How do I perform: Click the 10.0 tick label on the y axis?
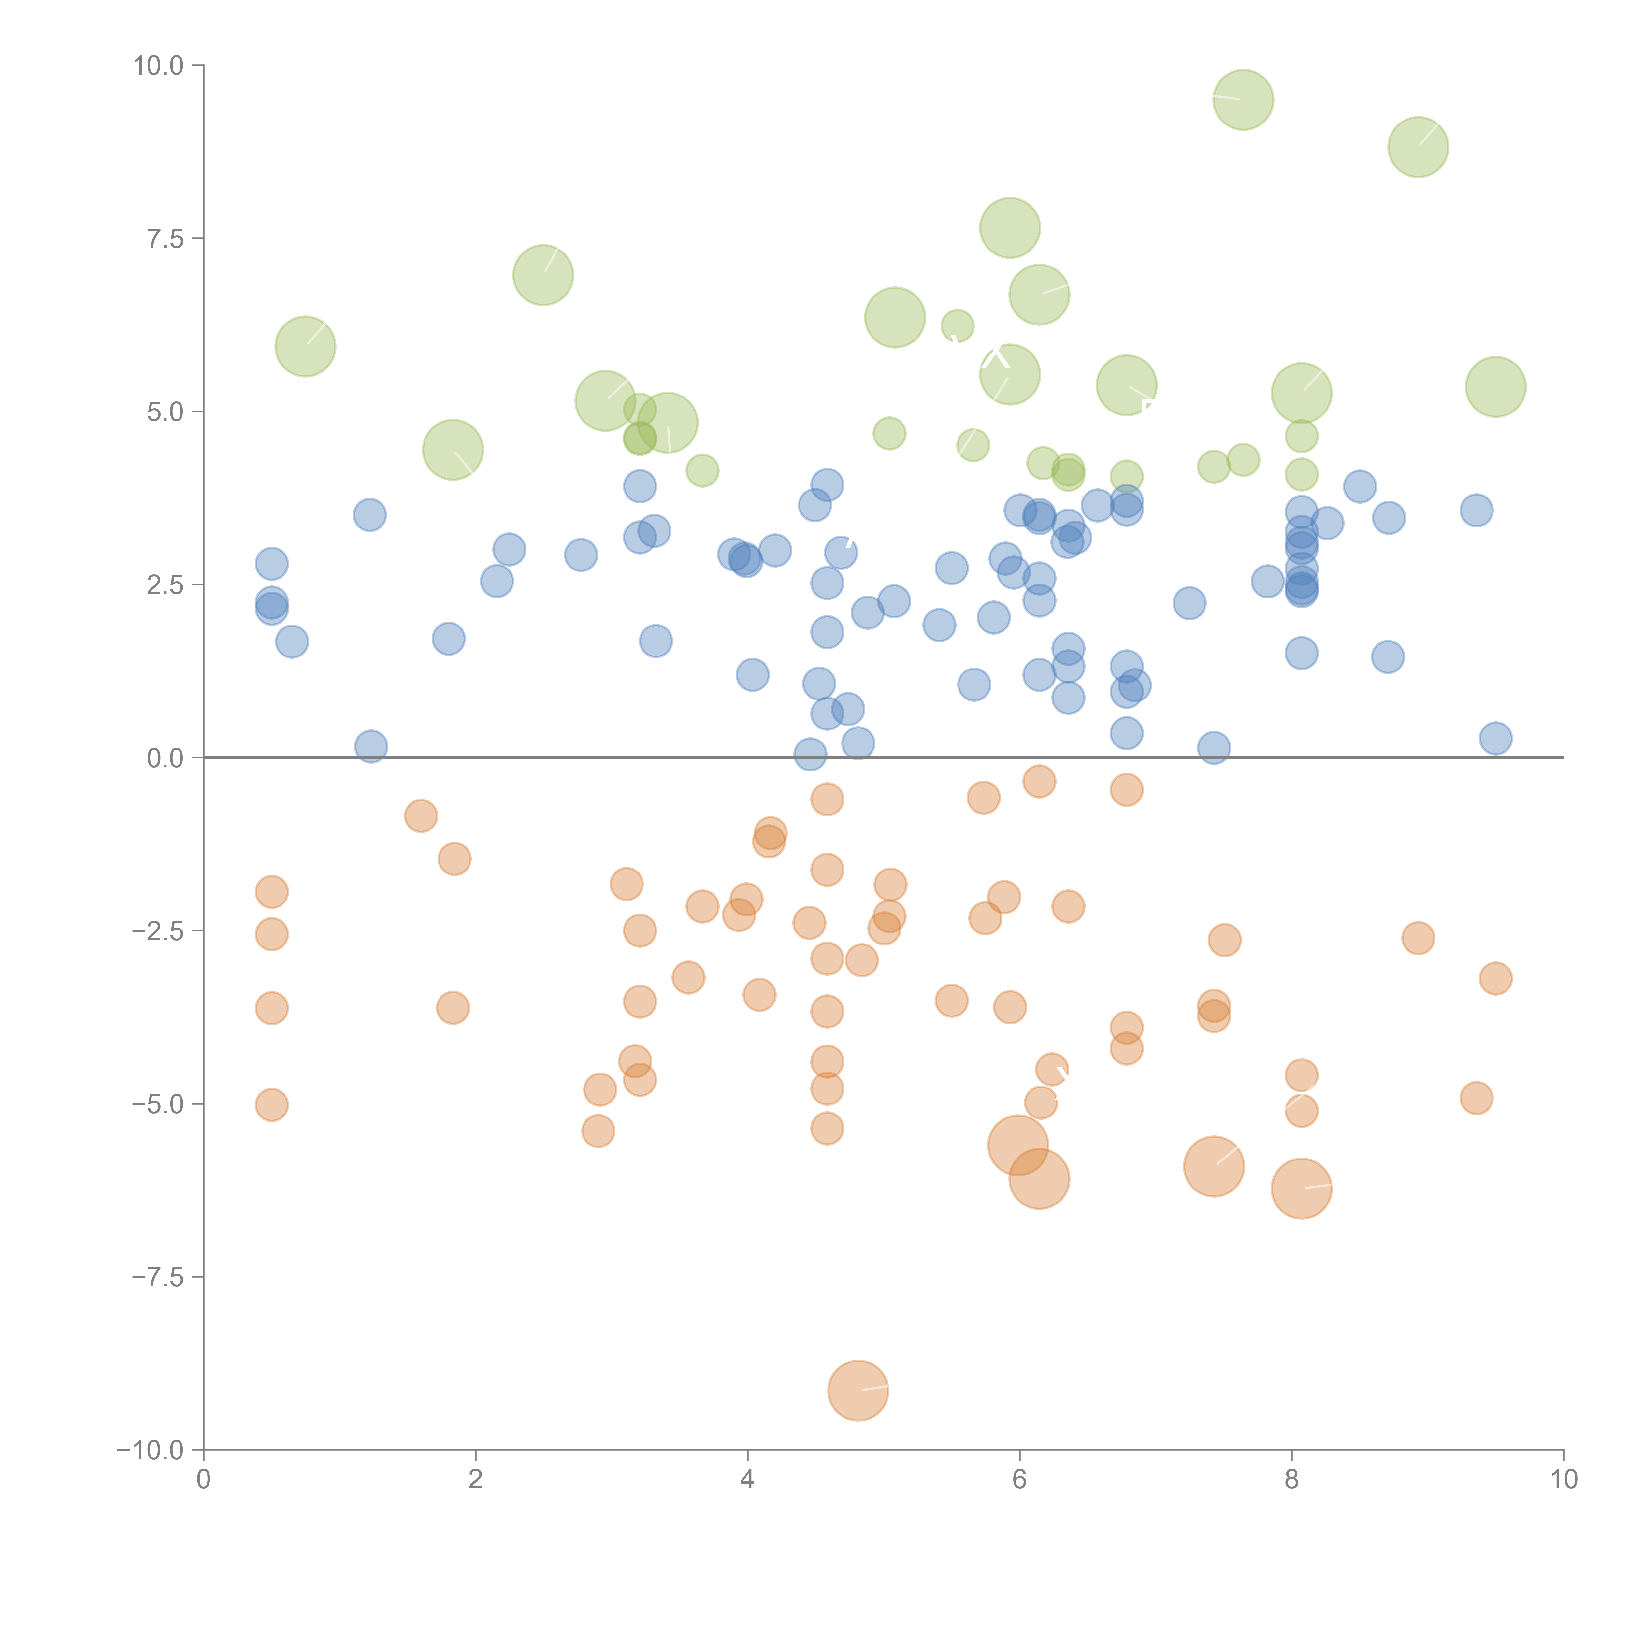click(x=159, y=66)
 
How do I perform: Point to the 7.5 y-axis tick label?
click(x=165, y=238)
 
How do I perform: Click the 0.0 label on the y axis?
click(x=165, y=758)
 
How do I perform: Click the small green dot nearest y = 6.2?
click(x=957, y=325)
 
